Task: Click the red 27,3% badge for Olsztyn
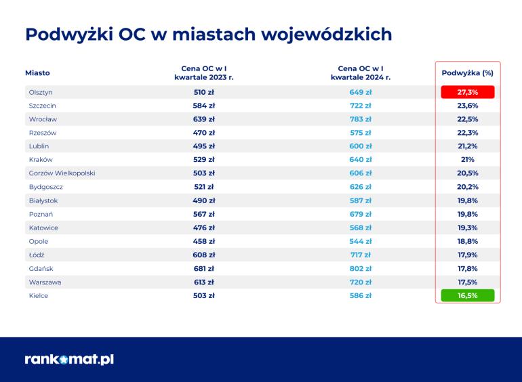click(x=467, y=92)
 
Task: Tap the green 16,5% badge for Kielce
click(x=467, y=295)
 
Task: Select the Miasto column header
click(x=37, y=72)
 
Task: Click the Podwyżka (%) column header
click(x=467, y=72)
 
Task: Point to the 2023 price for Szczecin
click(x=204, y=106)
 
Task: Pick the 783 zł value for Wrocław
click(x=361, y=119)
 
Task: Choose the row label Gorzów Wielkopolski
click(x=62, y=173)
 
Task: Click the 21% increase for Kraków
click(x=467, y=160)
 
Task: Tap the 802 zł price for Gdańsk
click(x=361, y=269)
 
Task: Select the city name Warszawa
click(x=45, y=282)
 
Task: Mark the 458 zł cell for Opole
click(x=204, y=241)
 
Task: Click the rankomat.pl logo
click(x=69, y=360)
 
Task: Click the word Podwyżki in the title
click(x=69, y=35)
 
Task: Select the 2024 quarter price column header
click(x=361, y=72)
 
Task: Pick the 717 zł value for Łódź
click(x=361, y=255)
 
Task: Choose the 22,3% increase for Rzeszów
click(x=467, y=133)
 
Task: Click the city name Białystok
click(x=43, y=200)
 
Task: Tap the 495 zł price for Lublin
click(x=204, y=146)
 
